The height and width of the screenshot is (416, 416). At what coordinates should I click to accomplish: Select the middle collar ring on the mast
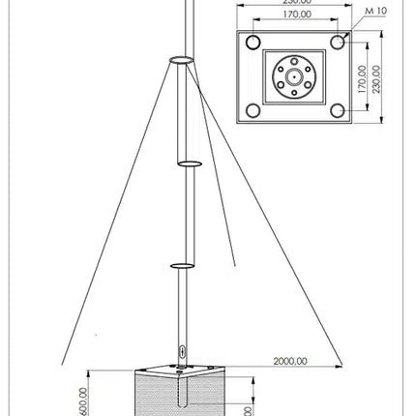coord(188,163)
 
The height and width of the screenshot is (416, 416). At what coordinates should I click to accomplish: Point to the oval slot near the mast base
coord(181,351)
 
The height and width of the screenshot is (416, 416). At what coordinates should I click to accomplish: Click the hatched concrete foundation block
coord(184,397)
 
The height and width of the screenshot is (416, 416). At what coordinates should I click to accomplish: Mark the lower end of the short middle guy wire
coord(235,263)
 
